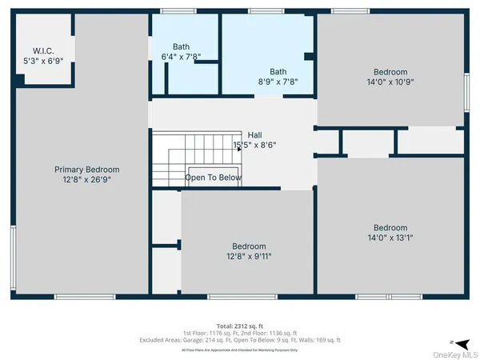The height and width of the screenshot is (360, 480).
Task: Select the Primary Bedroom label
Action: click(86, 169)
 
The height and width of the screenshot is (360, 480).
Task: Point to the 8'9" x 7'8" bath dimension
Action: click(278, 82)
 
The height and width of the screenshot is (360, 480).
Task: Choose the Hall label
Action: click(254, 134)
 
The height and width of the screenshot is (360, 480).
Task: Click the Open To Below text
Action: click(213, 178)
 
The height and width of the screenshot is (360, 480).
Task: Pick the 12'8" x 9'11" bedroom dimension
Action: click(248, 257)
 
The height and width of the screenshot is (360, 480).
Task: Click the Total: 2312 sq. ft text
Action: click(239, 326)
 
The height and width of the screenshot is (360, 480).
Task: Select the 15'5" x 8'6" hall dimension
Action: click(254, 146)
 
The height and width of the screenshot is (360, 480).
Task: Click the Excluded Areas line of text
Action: click(239, 340)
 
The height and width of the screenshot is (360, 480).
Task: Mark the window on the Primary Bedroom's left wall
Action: click(13, 253)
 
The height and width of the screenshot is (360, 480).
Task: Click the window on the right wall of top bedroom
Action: click(466, 86)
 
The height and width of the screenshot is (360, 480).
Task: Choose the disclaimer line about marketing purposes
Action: click(239, 350)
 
